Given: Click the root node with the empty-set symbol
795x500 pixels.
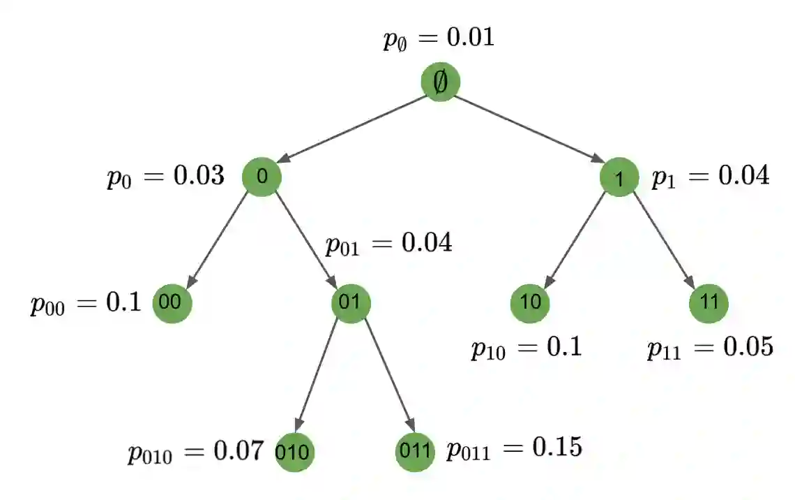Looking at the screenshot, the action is tap(441, 82).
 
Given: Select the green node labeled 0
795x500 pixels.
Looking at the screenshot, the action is tap(262, 176).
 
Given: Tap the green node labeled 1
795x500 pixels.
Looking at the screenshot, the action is tap(619, 177).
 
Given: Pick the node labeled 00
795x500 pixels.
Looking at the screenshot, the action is tap(172, 303).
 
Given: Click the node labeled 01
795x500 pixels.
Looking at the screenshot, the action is tap(351, 303).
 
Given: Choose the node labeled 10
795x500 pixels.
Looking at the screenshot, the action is tap(530, 303).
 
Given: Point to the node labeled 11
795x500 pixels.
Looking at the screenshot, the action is tap(709, 303).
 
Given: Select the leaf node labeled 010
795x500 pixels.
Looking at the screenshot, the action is tap(295, 451).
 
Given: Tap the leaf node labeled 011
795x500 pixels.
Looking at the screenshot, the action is tap(415, 451).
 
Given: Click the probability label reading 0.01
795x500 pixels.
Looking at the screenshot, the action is tap(439, 38).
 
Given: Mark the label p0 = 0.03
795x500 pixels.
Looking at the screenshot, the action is tap(165, 177).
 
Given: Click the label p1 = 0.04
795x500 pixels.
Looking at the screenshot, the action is tap(710, 176).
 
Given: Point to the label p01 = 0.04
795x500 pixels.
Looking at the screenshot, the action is tap(388, 244).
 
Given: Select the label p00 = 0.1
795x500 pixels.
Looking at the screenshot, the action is tap(85, 304).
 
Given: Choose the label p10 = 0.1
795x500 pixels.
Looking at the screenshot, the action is tap(526, 347).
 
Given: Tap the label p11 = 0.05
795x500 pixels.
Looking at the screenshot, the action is tap(710, 347).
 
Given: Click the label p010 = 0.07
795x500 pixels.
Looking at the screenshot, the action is tap(195, 452).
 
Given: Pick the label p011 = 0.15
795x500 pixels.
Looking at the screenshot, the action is tap(514, 448).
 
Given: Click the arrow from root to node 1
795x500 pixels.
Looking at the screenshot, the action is tap(530, 130).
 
